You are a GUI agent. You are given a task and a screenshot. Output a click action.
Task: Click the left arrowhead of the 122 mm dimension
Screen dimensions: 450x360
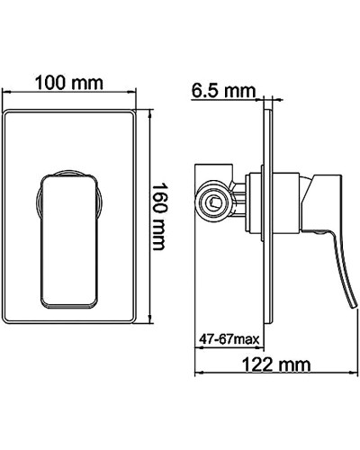click(199, 377)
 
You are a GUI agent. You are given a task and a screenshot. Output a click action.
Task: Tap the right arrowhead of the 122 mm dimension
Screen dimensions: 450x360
click(344, 377)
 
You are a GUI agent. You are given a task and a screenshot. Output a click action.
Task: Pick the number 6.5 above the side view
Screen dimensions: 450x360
click(209, 90)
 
